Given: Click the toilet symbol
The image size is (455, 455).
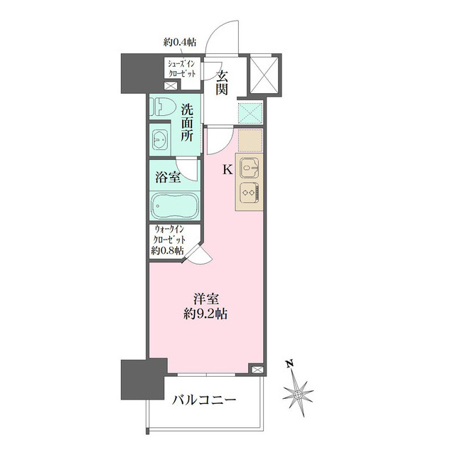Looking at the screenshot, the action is click(164, 107).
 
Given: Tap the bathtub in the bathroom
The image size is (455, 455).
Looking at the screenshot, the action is click(174, 205).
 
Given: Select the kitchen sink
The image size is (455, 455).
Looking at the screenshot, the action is click(250, 168).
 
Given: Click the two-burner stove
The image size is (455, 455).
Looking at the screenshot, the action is click(250, 193).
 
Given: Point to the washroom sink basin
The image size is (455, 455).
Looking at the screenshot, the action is click(159, 140).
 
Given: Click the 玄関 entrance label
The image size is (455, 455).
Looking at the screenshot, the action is click(222, 82).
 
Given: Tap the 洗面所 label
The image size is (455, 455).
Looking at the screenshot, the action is click(187, 123).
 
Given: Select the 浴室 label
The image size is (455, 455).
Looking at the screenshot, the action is click(168, 177).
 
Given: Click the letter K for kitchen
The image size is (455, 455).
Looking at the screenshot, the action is click(227, 170).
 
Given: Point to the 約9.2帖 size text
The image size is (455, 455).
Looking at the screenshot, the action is click(205, 314).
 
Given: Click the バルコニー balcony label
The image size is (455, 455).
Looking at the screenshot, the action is click(204, 400).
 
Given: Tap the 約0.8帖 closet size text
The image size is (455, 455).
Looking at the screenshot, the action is click(167, 250).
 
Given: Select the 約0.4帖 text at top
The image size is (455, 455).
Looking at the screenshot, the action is click(180, 43).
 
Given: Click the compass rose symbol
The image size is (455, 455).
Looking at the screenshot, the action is click(298, 395).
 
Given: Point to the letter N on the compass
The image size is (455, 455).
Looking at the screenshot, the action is click(289, 363).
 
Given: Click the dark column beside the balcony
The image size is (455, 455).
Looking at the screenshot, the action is click(144, 379).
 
